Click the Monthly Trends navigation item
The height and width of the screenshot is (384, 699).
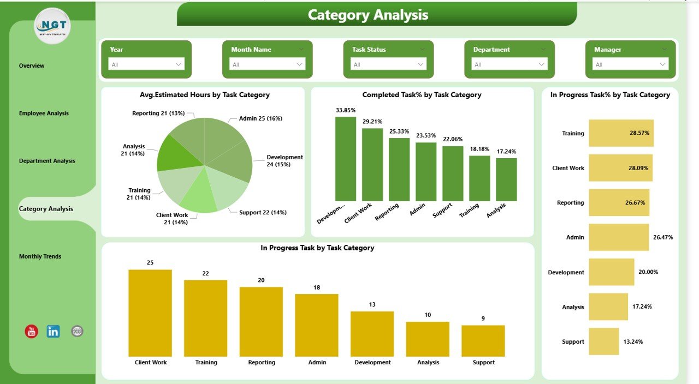[40, 256]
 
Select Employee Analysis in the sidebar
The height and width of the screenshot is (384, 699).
[44, 113]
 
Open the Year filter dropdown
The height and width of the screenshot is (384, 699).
[146, 64]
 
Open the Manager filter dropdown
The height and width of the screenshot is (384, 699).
[630, 64]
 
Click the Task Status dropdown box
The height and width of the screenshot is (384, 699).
[388, 64]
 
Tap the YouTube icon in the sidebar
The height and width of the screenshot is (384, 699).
[32, 331]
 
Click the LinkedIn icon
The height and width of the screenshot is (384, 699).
[54, 331]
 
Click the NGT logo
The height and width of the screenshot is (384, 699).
[52, 26]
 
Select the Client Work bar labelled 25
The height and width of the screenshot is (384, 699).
[150, 313]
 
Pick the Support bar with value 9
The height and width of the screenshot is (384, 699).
[483, 341]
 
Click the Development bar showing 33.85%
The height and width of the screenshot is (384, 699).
[345, 159]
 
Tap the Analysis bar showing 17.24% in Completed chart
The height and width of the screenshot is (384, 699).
[506, 179]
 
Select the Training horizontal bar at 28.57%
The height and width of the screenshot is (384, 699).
[621, 133]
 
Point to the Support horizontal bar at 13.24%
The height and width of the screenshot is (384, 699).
[603, 341]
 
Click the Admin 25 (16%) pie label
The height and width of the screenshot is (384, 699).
[260, 118]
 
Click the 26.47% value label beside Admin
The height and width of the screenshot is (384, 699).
[663, 237]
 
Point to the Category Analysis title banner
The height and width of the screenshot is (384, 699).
[377, 15]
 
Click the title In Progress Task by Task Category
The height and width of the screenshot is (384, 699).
[317, 248]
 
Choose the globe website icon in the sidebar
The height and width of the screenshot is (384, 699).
[78, 331]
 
